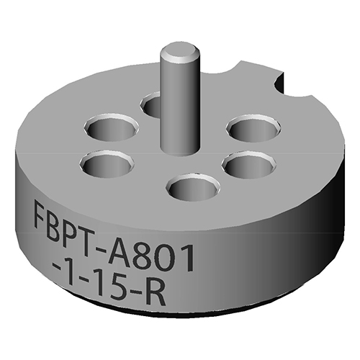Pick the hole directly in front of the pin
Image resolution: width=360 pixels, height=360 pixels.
click(x=192, y=189)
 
